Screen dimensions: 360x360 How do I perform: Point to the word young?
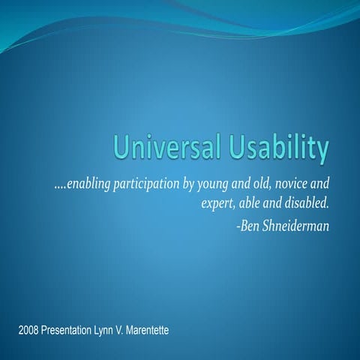pyautogui.click(x=214, y=184)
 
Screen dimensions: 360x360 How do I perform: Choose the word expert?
pyautogui.click(x=219, y=203)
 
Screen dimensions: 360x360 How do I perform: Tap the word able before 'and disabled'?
pyautogui.click(x=250, y=202)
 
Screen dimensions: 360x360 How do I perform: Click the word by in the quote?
pyautogui.click(x=193, y=184)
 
